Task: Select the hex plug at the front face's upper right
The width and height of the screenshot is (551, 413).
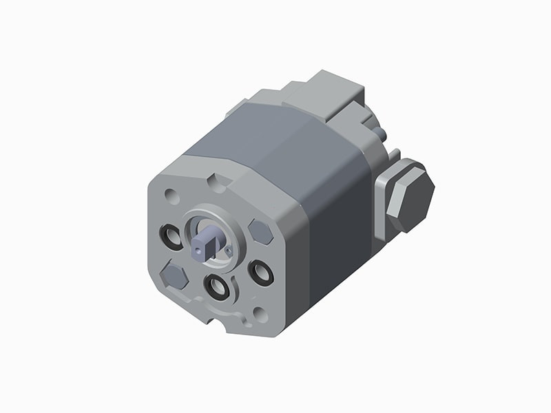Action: [261, 232]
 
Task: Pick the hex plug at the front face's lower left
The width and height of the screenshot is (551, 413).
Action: [174, 277]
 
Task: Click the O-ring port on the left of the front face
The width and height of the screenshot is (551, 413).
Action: [171, 237]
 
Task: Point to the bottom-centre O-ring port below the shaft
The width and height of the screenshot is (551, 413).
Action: [217, 286]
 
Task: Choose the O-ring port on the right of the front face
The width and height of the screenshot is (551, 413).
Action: [261, 273]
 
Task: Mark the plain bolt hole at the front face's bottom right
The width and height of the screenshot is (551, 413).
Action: [260, 314]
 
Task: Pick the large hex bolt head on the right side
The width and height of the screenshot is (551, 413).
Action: [410, 198]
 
